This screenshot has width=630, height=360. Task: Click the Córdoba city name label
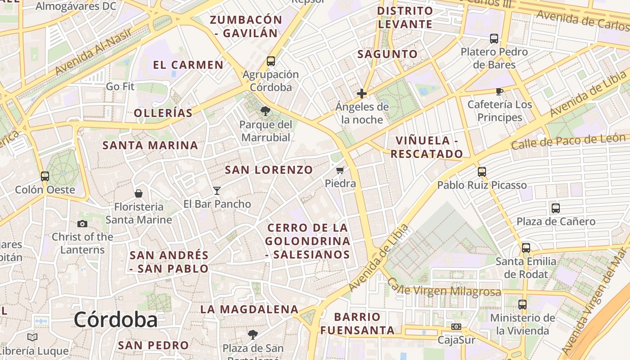116,320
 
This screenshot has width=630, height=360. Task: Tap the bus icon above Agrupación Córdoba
270,61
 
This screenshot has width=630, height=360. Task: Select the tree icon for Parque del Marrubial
265,111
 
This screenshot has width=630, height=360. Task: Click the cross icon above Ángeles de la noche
362,94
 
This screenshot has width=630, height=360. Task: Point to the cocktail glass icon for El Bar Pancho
217,191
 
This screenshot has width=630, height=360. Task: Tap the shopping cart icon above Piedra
340,170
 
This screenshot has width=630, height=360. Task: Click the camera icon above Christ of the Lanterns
82,224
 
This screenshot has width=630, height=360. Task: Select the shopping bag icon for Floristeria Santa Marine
139,193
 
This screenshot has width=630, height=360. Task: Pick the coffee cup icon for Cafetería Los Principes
499,91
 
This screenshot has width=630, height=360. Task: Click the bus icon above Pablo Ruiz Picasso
482,171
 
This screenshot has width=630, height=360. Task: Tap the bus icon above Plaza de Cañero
556,208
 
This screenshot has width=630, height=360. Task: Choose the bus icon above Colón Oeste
45,176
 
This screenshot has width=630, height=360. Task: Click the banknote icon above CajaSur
456,327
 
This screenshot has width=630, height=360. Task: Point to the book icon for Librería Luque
32,337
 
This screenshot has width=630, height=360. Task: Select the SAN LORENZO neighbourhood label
269,170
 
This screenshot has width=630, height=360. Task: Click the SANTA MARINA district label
150,145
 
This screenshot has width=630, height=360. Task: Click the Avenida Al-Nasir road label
94,52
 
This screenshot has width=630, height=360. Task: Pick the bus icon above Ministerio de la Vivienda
522,305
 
